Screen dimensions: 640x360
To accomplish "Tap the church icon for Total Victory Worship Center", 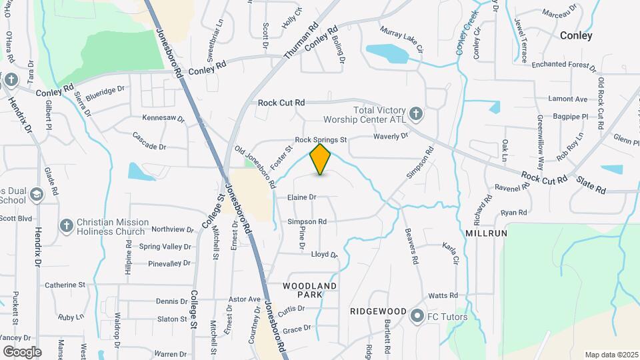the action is pyautogui.click(x=415, y=114).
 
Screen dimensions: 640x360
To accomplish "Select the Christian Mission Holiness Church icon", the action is pyautogui.click(x=66, y=226).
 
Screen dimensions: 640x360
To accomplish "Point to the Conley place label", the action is pyautogui.click(x=576, y=36).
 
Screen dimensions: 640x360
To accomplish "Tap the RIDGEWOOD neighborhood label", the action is pyautogui.click(x=378, y=311).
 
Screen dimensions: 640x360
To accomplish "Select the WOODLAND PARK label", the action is pyautogui.click(x=309, y=290).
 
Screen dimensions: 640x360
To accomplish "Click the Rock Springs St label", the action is pyautogui.click(x=321, y=140).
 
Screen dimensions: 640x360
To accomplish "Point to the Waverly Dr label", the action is pyautogui.click(x=390, y=136).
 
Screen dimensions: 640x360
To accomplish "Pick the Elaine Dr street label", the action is pyautogui.click(x=301, y=197).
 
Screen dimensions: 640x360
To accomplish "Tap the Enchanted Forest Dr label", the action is pyautogui.click(x=563, y=65).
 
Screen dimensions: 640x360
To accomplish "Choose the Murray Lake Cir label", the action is pyautogui.click(x=401, y=39).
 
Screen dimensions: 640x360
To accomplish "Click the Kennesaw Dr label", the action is pyautogui.click(x=163, y=118).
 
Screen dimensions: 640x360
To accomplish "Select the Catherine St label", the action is pyautogui.click(x=65, y=285).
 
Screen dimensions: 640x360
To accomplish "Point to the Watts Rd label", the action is pyautogui.click(x=443, y=295).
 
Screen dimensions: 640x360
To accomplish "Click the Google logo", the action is pyautogui.click(x=22, y=351).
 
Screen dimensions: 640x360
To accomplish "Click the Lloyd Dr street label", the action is pyautogui.click(x=325, y=255).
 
